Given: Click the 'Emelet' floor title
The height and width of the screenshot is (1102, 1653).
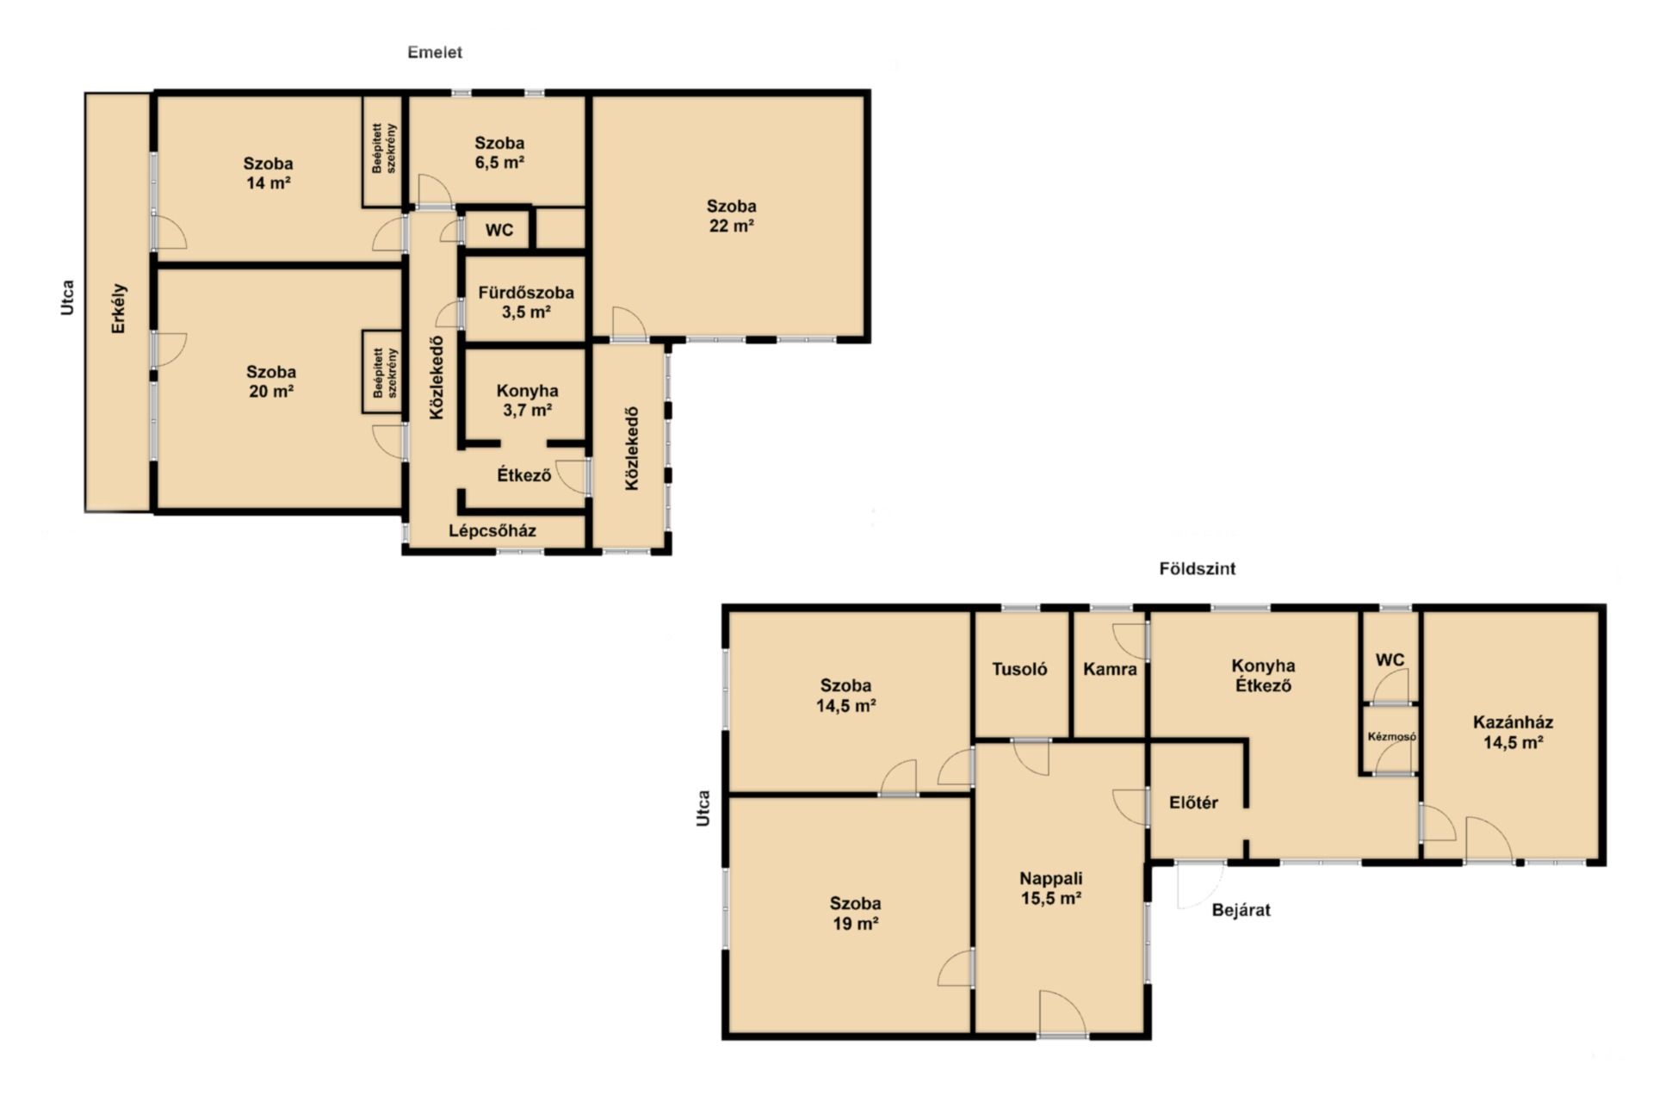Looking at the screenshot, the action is click(x=435, y=53).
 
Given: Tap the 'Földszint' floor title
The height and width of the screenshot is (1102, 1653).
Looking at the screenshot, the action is click(x=1197, y=569).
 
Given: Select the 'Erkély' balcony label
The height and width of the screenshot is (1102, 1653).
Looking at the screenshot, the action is click(x=120, y=309).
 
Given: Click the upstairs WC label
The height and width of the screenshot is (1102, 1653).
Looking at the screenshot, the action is click(x=499, y=230).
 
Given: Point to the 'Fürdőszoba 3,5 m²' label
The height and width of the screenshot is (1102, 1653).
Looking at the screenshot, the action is click(x=526, y=302).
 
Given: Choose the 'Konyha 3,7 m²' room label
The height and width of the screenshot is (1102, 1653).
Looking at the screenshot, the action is click(x=527, y=400).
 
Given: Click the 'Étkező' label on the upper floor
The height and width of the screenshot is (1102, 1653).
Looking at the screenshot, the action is click(x=523, y=474).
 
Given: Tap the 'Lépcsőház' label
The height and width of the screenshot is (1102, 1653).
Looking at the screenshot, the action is click(x=492, y=531).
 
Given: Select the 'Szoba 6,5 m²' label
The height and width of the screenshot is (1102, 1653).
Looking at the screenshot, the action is click(x=499, y=152).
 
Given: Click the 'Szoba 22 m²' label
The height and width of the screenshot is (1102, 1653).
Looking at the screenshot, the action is click(x=731, y=215).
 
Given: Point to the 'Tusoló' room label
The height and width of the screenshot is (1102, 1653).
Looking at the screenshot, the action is click(x=1019, y=669).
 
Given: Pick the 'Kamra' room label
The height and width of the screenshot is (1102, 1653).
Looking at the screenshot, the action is click(x=1110, y=669).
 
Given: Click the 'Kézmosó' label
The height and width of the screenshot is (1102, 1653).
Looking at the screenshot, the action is click(x=1391, y=737).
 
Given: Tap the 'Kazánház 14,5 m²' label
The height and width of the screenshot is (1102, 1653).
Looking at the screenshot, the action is click(x=1513, y=733).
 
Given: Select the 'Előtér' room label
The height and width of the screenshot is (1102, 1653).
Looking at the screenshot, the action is click(x=1193, y=802).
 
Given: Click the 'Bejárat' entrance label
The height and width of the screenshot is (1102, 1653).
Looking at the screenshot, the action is click(x=1241, y=910).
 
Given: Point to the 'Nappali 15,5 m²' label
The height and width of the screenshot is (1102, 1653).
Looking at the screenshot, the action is click(x=1051, y=888).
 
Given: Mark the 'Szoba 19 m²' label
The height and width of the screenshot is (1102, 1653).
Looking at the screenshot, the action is click(x=855, y=913).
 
